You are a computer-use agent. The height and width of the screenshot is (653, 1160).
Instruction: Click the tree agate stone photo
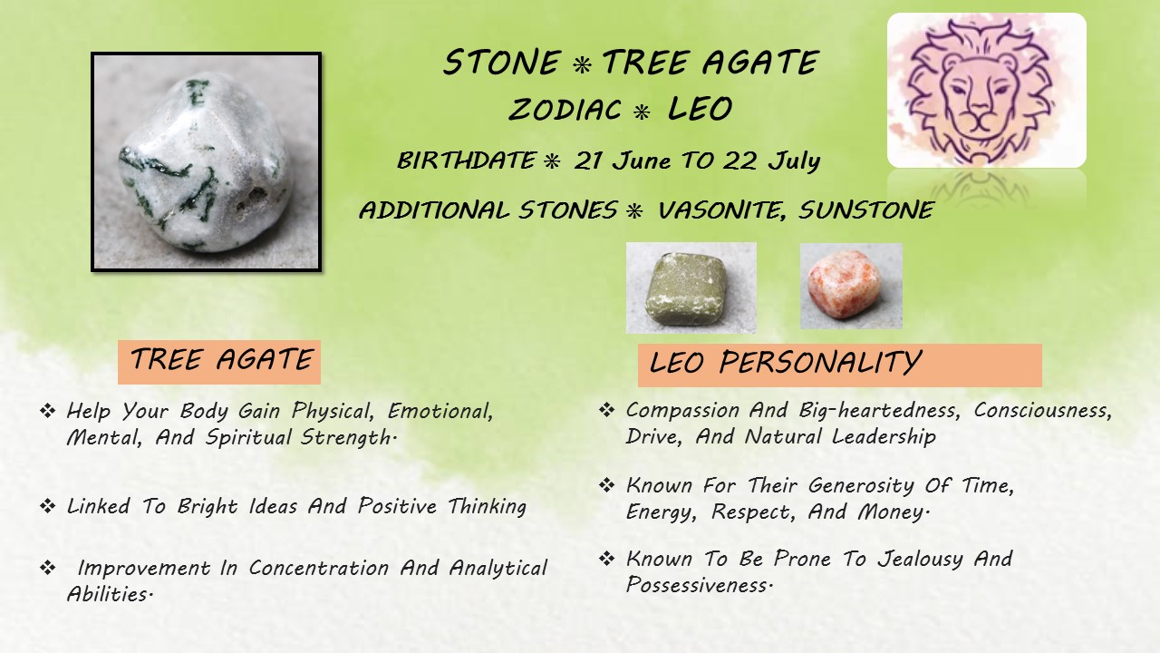tap(206, 161)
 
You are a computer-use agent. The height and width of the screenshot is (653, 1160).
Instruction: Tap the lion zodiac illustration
tap(987, 90)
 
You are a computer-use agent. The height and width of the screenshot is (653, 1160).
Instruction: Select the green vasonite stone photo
tap(691, 288)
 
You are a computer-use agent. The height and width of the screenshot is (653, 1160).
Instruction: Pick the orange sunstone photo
tap(851, 286)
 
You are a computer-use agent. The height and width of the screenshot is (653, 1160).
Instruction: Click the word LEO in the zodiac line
tap(700, 108)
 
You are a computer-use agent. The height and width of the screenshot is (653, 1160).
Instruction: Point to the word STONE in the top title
tap(502, 63)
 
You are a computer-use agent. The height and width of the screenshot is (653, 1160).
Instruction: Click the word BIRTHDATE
tap(466, 161)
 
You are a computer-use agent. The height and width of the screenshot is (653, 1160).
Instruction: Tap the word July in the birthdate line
tap(794, 161)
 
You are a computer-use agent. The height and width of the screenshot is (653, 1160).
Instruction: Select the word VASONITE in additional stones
tap(720, 210)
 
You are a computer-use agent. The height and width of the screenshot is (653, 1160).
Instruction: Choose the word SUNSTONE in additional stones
tap(866, 210)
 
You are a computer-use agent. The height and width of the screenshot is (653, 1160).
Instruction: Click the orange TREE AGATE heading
tap(219, 362)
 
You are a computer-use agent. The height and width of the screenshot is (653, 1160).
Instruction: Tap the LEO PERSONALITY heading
tap(839, 365)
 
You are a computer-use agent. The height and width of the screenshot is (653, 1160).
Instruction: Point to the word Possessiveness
tap(699, 585)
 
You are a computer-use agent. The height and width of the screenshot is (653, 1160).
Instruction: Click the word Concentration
tap(318, 568)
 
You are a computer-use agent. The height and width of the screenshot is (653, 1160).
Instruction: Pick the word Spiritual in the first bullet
tap(248, 437)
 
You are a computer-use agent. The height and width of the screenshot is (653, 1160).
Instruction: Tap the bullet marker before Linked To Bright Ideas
tap(48, 506)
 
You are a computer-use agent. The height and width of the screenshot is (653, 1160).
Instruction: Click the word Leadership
tap(884, 437)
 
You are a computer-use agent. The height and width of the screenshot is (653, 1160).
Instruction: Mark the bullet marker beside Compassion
tap(606, 411)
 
